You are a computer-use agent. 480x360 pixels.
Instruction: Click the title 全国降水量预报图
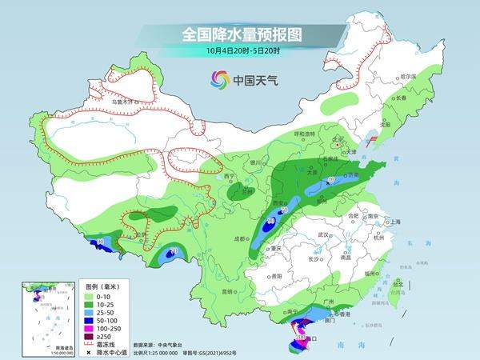pyautogui.click(x=240, y=34)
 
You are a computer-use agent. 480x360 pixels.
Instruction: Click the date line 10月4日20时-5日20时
pyautogui.click(x=240, y=52)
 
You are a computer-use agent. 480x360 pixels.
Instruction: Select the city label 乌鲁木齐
pyautogui.click(x=122, y=102)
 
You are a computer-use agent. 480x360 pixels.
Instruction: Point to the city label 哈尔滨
pyautogui.click(x=408, y=76)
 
